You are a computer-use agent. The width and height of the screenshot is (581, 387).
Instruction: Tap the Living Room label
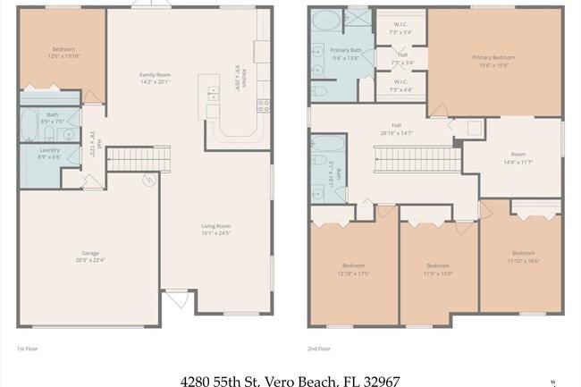[x=215, y=229]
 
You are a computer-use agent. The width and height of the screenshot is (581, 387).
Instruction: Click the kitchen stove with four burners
[x=264, y=105]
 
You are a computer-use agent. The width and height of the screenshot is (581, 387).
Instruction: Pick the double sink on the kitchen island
[x=212, y=93]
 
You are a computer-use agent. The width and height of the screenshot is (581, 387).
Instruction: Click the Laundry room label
[x=49, y=153]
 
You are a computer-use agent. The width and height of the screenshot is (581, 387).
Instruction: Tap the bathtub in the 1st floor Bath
[x=29, y=124]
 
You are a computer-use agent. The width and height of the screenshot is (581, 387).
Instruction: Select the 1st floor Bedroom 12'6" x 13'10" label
[x=63, y=52]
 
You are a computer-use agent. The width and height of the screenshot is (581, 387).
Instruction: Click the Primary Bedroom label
[x=493, y=61]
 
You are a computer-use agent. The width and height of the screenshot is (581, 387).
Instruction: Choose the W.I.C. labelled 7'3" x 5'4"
[x=400, y=29]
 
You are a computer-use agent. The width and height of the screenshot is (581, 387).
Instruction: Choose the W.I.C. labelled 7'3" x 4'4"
[x=400, y=86]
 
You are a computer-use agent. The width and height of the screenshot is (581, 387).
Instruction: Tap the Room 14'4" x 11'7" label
[x=518, y=156]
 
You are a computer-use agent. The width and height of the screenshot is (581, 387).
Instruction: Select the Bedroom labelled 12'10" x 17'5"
[x=354, y=269]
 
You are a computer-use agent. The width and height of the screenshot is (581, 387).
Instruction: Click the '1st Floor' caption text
[x=28, y=349]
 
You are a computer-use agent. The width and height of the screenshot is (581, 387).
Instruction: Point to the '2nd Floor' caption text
[x=319, y=349]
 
